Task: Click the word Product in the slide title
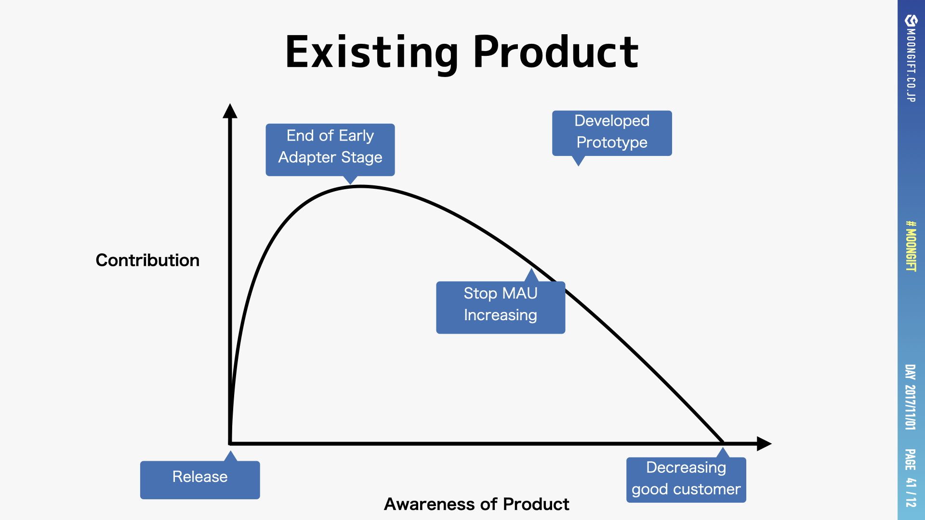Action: [x=556, y=52]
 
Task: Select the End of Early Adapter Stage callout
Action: [x=330, y=150]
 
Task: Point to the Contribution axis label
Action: [x=147, y=260]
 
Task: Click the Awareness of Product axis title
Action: [x=476, y=504]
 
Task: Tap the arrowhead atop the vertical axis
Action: [x=230, y=111]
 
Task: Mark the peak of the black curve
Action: [x=360, y=186]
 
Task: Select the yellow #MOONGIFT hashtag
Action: [x=911, y=246]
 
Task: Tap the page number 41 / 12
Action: [x=911, y=492]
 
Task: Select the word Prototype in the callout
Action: [x=612, y=143]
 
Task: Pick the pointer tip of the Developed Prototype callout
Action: [x=579, y=166]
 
